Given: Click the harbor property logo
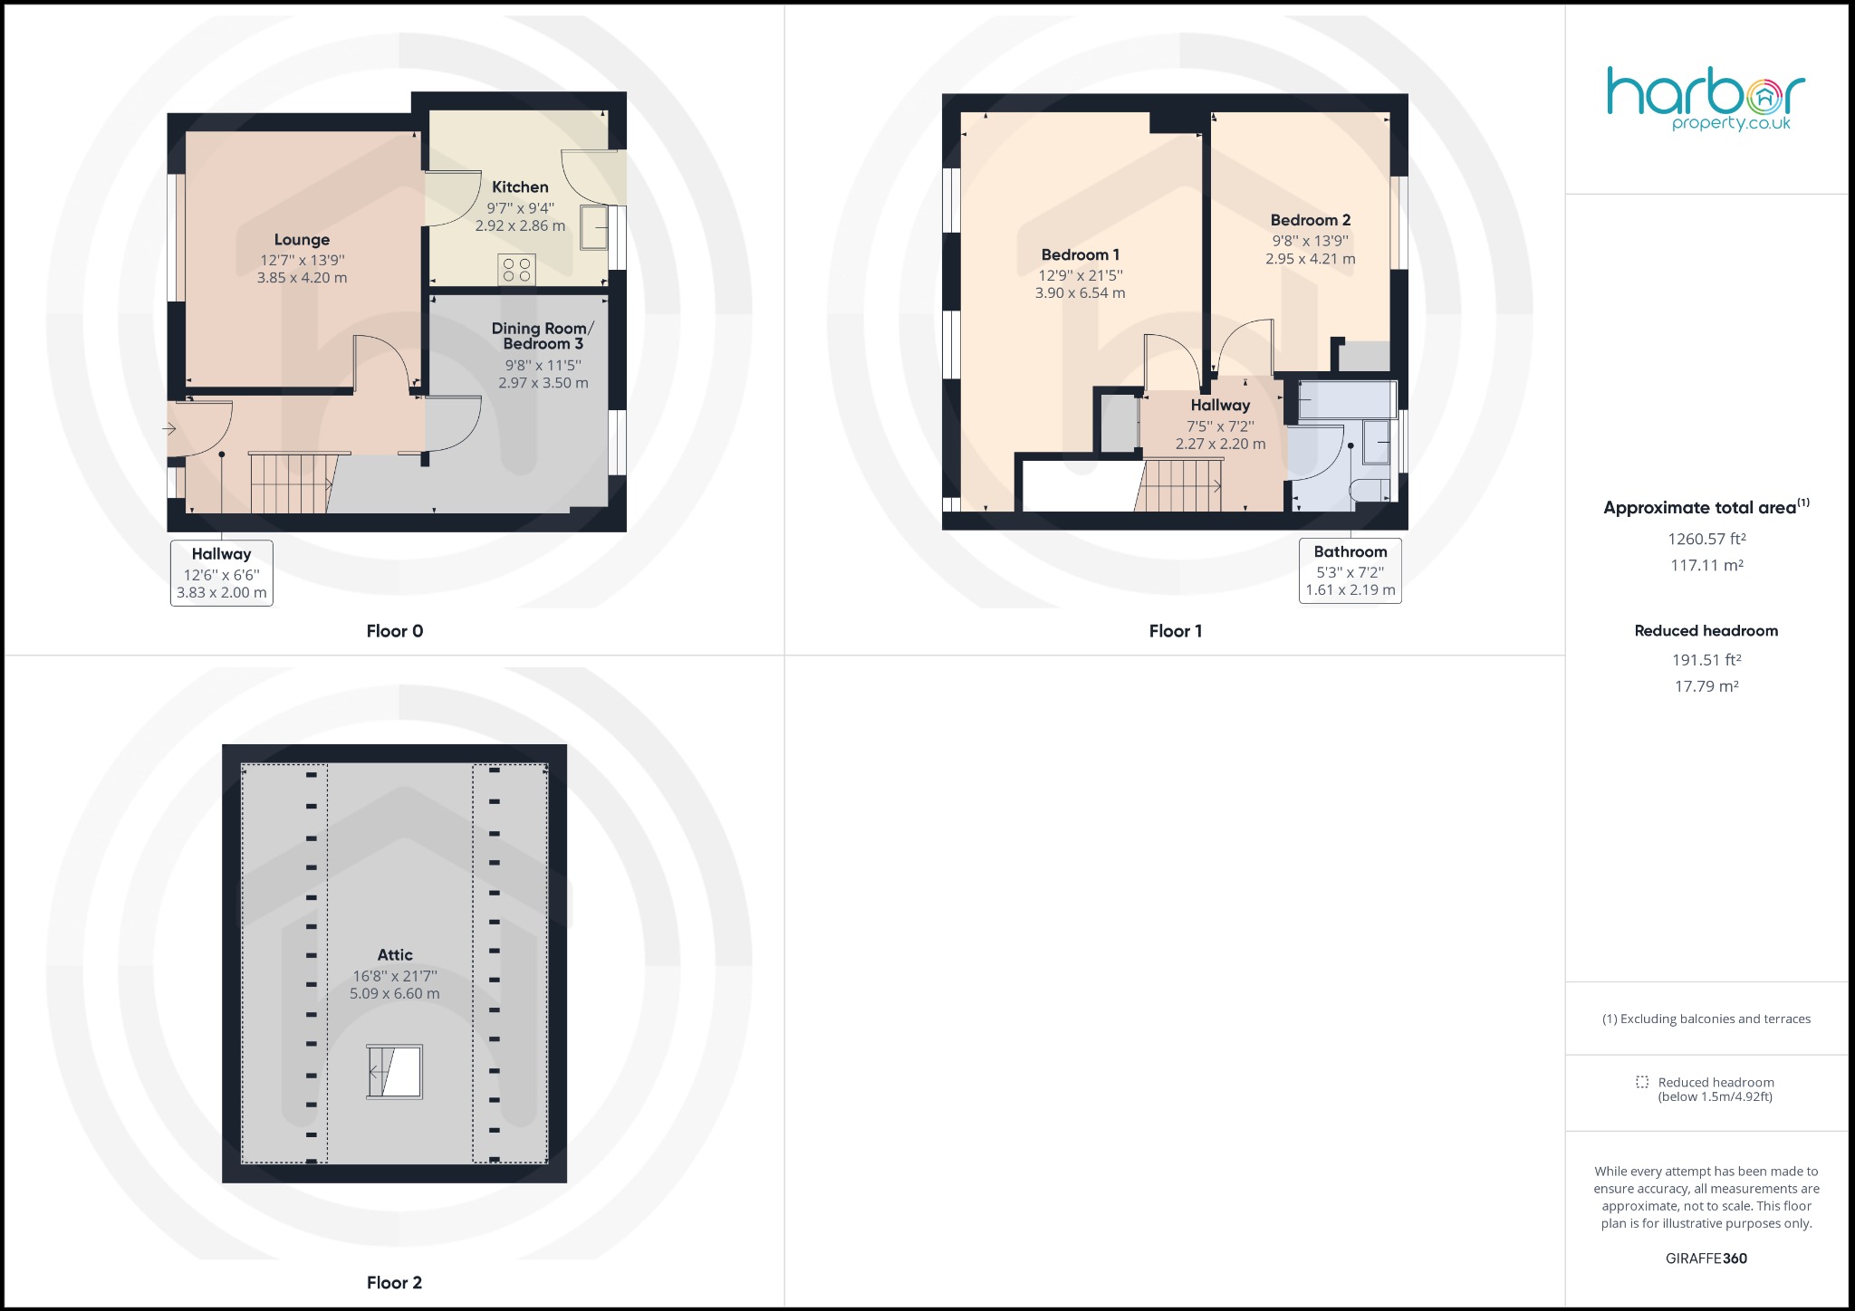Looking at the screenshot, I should pyautogui.click(x=1706, y=99).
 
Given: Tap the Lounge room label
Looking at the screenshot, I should pyautogui.click(x=302, y=240).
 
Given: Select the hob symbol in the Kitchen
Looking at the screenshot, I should pyautogui.click(x=516, y=269).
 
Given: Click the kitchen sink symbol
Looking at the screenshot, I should pyautogui.click(x=595, y=226).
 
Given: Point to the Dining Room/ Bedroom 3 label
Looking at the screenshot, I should pyautogui.click(x=543, y=336).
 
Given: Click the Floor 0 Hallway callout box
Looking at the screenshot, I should pyautogui.click(x=221, y=573).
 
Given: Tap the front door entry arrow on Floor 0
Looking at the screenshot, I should pyautogui.click(x=170, y=428).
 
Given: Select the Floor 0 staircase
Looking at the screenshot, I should pyautogui.click(x=290, y=483).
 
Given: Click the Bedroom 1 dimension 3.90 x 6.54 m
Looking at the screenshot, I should pyautogui.click(x=1080, y=293).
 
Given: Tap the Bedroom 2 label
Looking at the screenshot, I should pyautogui.click(x=1310, y=220).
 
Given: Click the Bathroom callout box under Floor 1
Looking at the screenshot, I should pyautogui.click(x=1350, y=570).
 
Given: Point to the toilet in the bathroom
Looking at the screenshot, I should pyautogui.click(x=1369, y=491).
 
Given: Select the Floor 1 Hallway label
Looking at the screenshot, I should pyautogui.click(x=1219, y=406).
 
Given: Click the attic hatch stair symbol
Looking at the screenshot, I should pyautogui.click(x=395, y=1073).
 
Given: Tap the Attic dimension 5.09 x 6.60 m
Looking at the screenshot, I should pyautogui.click(x=395, y=994).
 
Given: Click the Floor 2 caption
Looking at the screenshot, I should pyautogui.click(x=394, y=1282).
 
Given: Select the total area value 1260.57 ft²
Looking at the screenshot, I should pyautogui.click(x=1706, y=539).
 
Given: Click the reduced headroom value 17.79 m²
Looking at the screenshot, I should pyautogui.click(x=1706, y=686).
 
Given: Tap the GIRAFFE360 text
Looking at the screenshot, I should pyautogui.click(x=1706, y=1258).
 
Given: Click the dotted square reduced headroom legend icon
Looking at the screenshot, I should pyautogui.click(x=1642, y=1083).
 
